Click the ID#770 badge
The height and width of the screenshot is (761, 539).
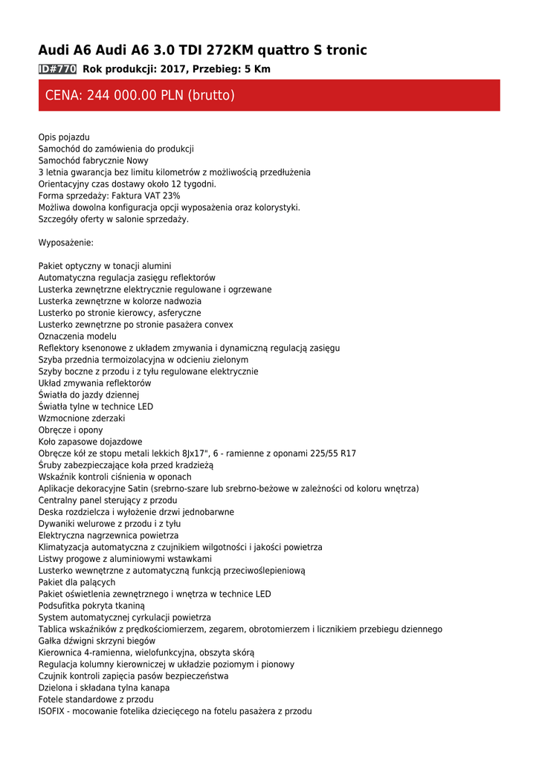57,69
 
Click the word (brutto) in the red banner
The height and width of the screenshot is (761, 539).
211,95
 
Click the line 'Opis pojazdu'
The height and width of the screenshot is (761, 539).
64,137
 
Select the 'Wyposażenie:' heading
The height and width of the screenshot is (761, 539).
65,242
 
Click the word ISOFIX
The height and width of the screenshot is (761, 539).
52,711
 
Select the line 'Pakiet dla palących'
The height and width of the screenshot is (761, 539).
77,583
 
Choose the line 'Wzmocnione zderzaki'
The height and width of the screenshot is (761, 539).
82,418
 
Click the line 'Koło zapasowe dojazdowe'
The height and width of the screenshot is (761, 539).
90,441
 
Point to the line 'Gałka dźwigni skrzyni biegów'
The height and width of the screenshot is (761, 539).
97,641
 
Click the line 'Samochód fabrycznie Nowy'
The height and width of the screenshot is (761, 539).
93,161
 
